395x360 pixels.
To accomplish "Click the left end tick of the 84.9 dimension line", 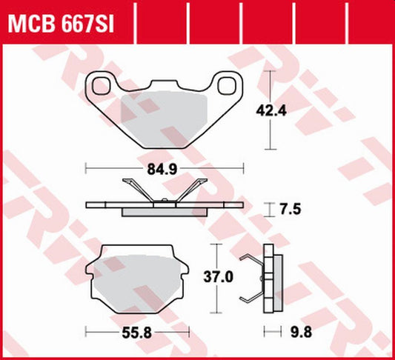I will [x=87, y=169].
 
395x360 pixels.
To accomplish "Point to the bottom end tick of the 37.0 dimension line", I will [x=216, y=315].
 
